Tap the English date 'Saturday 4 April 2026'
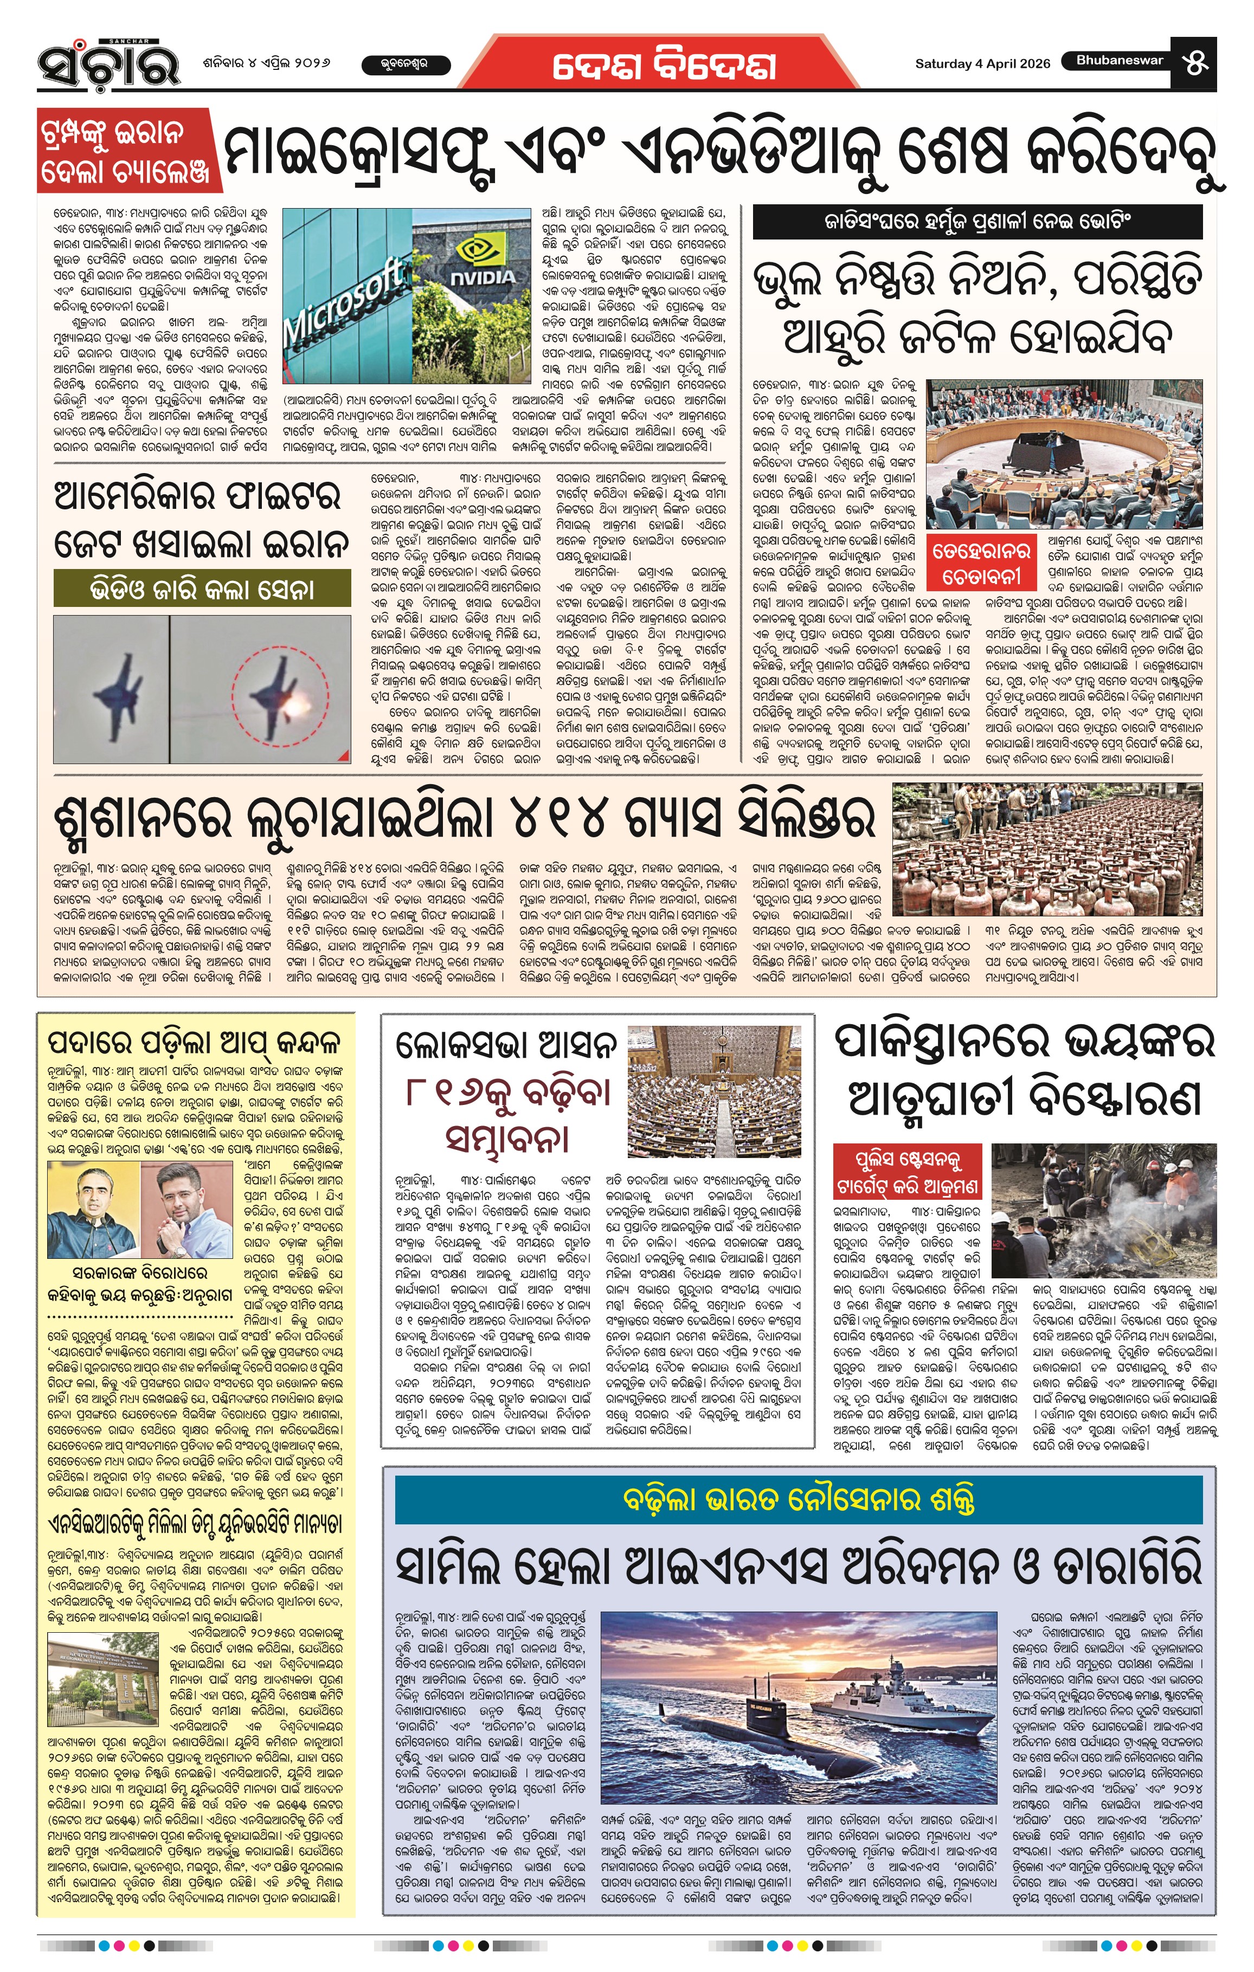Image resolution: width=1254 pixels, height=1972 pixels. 982,64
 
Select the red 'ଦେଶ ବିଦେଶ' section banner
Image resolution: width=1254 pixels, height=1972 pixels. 664,66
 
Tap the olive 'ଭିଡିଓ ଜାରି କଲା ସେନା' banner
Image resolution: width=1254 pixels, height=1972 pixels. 202,590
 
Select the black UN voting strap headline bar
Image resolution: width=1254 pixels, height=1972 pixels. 977,221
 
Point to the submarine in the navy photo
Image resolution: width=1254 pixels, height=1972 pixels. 729,1717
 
